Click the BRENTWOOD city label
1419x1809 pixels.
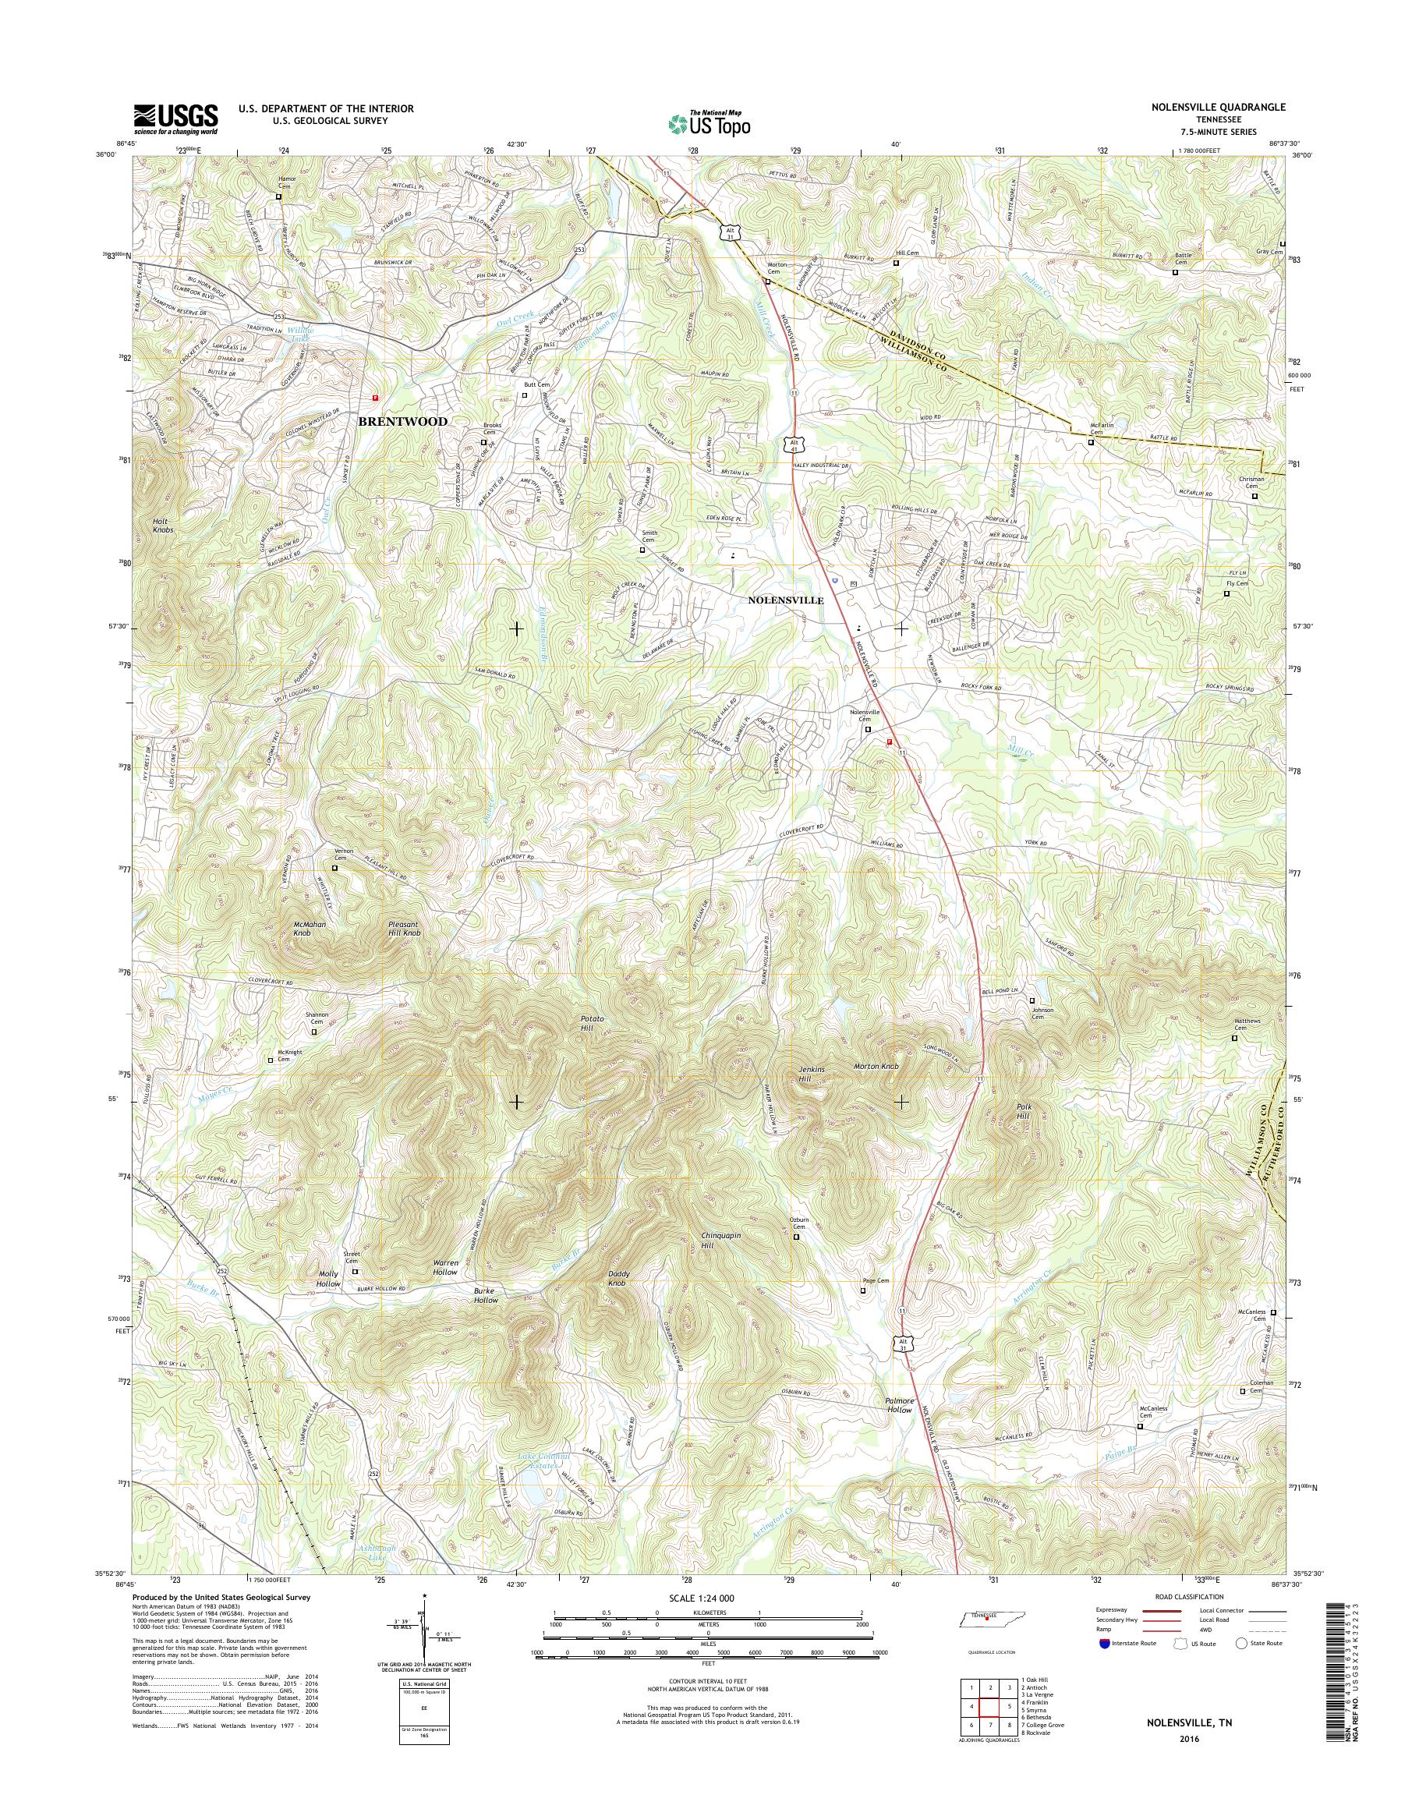[402, 421]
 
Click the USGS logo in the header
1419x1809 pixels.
[176, 119]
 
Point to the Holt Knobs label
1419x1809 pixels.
[163, 526]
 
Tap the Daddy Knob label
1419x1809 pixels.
[617, 1280]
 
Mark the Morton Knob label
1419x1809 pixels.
[876, 1066]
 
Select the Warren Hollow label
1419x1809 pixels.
[445, 1267]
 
